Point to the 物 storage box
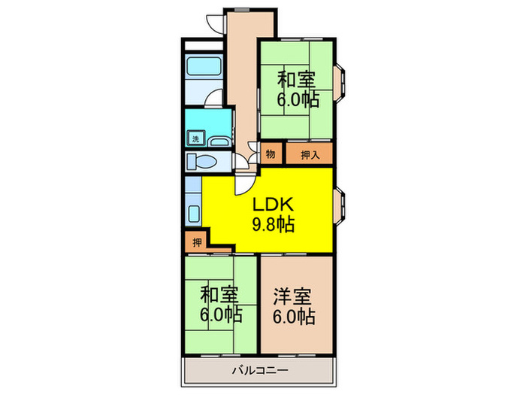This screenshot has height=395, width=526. (x=270, y=154)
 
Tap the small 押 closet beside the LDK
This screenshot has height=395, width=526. (x=196, y=242)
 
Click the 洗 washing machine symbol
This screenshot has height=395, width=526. (x=195, y=138)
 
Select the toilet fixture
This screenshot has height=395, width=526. (x=202, y=162)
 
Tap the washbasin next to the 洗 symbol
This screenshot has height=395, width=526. (x=219, y=141)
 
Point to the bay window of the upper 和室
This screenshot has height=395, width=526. (x=340, y=83)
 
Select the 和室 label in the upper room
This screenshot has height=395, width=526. (x=295, y=78)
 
